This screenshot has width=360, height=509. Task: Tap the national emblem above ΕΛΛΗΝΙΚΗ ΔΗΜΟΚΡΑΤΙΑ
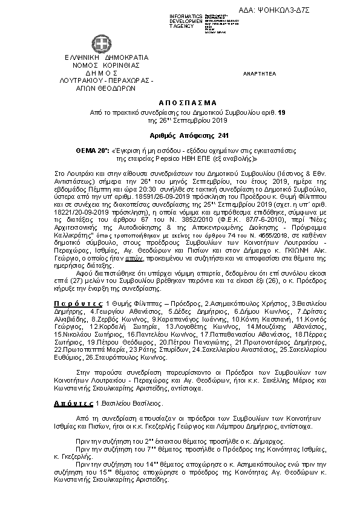(x=100, y=44)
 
